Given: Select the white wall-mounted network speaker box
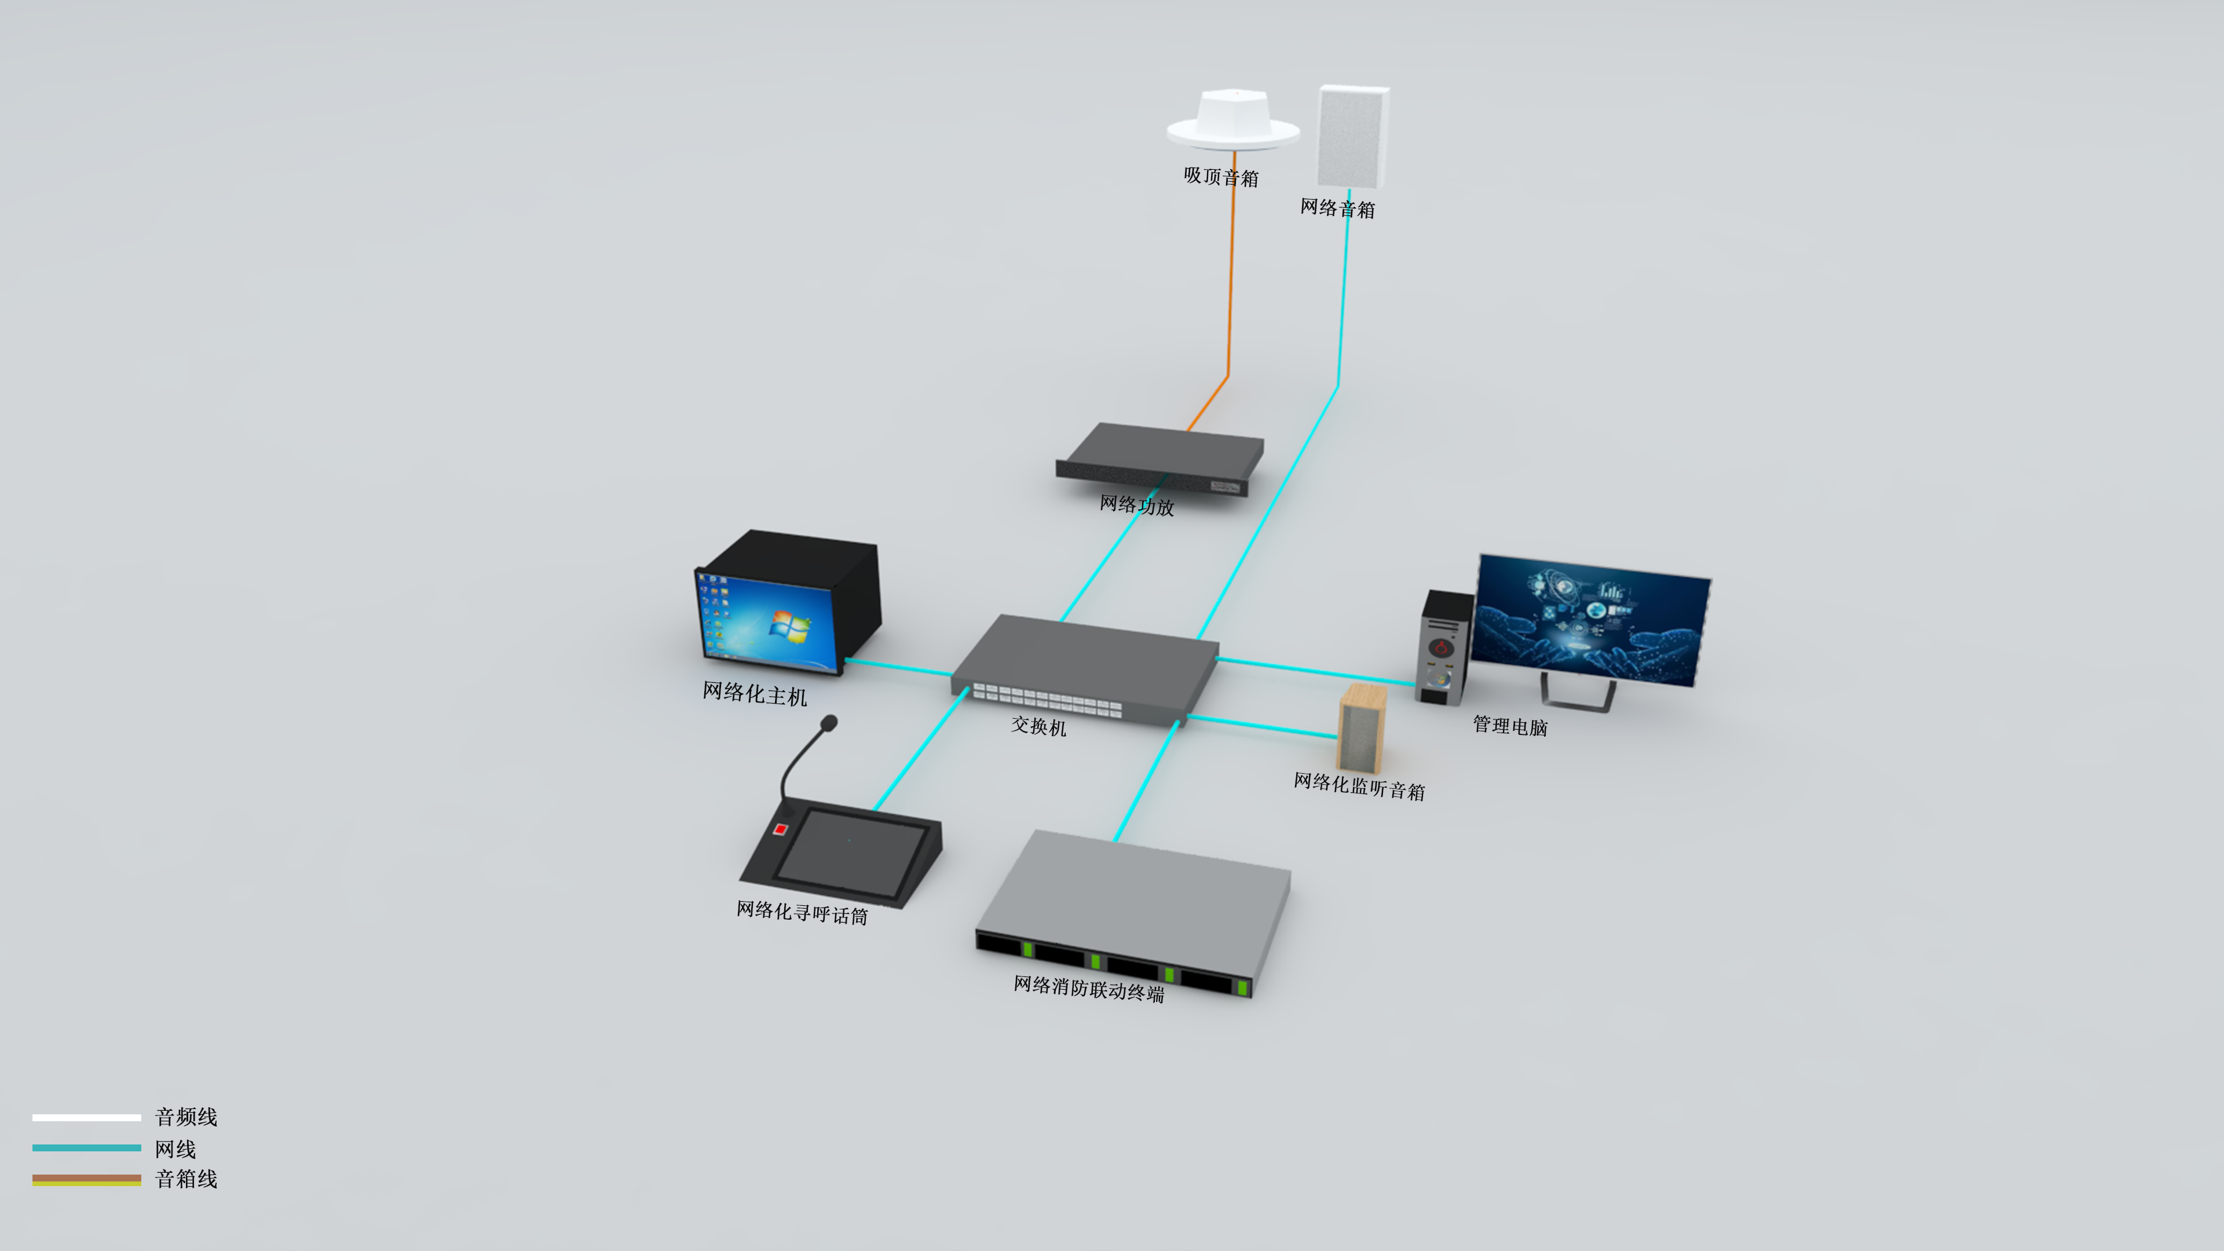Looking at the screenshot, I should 1352,137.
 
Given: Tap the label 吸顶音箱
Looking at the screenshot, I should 1221,177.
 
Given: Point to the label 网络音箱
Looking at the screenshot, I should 1337,208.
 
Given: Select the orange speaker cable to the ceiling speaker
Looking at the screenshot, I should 1230,285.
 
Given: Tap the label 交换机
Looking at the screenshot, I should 1038,727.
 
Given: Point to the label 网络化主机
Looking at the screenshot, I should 755,693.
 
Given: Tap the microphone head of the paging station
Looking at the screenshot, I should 829,722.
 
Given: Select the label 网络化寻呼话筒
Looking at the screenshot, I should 801,913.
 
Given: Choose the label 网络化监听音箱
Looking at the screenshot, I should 1359,787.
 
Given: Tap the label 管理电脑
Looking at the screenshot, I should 1510,726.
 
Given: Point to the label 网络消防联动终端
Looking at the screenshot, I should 1089,989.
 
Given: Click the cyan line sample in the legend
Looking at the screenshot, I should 86,1147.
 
